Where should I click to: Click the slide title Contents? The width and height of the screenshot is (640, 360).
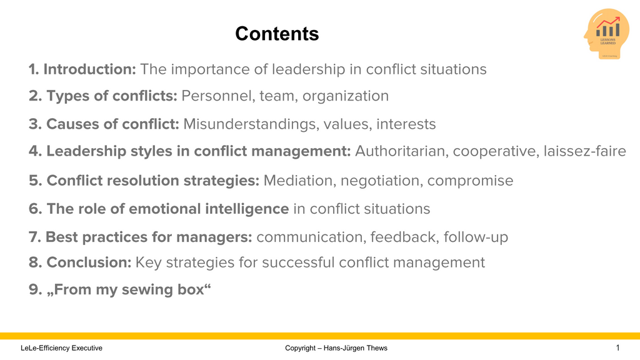click(277, 34)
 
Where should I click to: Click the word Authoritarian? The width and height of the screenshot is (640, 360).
click(401, 152)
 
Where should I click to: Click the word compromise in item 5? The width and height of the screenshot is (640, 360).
click(471, 181)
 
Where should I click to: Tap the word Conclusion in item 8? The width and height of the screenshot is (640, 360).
click(89, 262)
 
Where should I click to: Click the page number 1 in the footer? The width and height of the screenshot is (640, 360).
click(617, 347)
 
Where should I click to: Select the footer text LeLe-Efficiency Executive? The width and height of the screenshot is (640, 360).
click(61, 348)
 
